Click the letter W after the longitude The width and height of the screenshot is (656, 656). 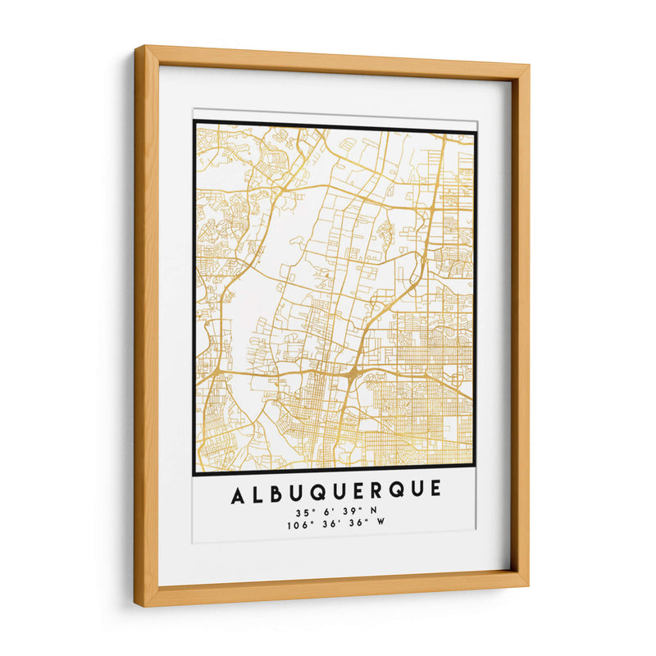click(x=380, y=525)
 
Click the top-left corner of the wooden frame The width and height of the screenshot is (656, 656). click(x=137, y=47)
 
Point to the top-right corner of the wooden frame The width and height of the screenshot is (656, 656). click(x=529, y=65)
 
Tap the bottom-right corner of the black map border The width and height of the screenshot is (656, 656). click(x=474, y=474)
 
